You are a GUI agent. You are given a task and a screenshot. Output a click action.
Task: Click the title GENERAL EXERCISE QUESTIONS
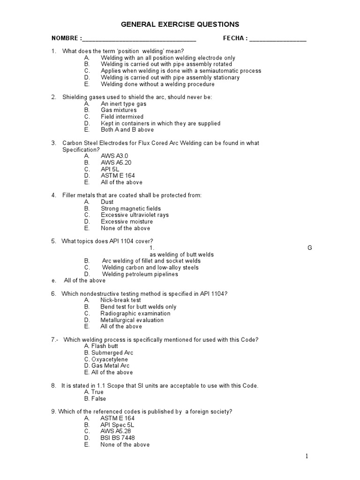click(180, 24)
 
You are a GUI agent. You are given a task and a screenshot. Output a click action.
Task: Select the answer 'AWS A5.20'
click(116, 163)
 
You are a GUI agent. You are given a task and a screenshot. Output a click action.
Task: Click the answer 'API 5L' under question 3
click(111, 169)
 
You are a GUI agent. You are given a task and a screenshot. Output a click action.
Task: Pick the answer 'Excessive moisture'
click(127, 222)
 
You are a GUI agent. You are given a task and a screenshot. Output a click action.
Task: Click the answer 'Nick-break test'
click(120, 300)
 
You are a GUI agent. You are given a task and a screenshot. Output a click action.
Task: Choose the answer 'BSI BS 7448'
click(117, 438)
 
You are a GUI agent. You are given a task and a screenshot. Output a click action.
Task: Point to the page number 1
click(307, 456)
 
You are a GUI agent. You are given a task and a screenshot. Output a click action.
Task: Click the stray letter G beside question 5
click(310, 248)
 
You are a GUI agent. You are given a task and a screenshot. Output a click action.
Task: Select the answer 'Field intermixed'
click(122, 117)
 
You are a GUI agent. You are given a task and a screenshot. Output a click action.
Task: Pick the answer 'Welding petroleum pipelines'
click(140, 274)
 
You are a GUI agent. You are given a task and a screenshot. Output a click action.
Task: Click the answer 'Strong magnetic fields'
click(131, 209)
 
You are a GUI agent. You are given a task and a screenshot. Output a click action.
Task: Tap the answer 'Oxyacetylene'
click(110, 359)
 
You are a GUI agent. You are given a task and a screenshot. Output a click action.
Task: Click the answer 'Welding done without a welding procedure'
click(157, 84)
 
